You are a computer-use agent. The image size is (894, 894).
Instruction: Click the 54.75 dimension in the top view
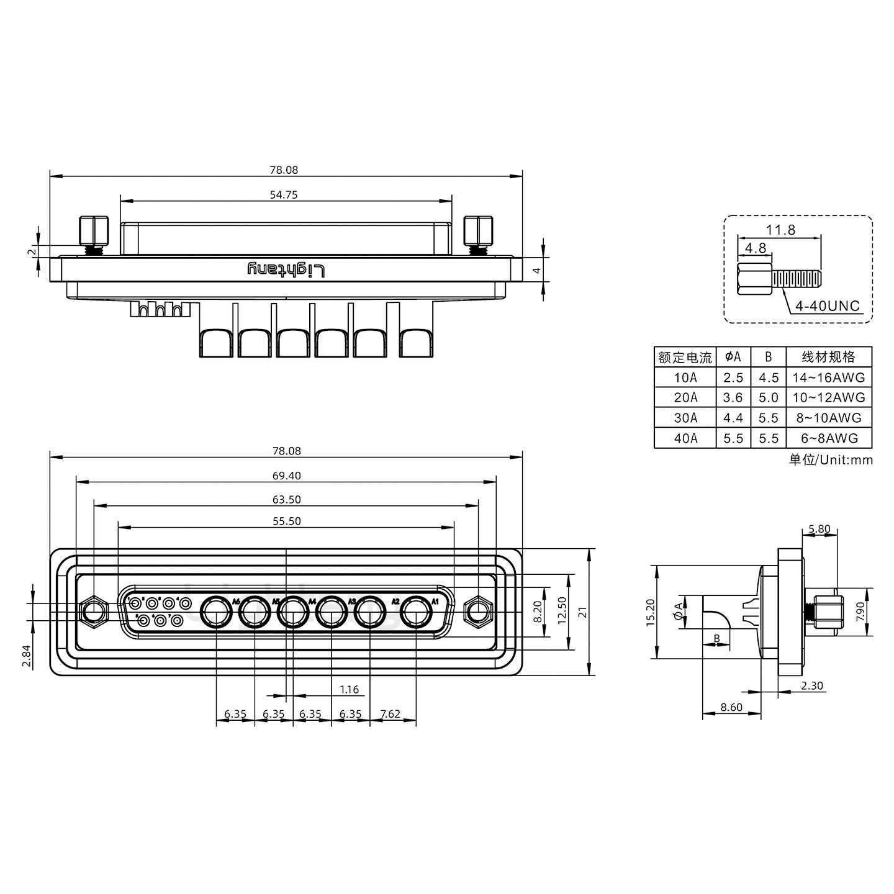(284, 195)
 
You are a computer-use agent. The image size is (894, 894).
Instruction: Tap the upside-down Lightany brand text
(286, 269)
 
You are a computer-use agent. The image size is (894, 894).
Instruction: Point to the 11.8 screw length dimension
(780, 230)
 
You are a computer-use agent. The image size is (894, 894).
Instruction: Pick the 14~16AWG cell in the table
(828, 377)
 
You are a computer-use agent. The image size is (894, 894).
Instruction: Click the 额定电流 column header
(685, 358)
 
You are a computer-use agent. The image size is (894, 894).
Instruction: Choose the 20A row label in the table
(685, 398)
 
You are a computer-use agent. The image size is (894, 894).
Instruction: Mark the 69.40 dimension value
(286, 476)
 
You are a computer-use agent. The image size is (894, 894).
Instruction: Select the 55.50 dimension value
(286, 521)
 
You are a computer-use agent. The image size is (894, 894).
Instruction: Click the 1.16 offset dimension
(350, 690)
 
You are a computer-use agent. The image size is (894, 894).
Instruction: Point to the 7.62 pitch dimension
(390, 714)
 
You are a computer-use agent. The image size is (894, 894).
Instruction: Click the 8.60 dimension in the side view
(731, 707)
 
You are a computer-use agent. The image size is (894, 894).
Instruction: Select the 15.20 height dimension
(650, 612)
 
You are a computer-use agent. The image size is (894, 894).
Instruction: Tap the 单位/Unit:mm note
(831, 460)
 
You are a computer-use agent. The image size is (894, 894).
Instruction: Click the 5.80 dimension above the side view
(819, 529)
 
